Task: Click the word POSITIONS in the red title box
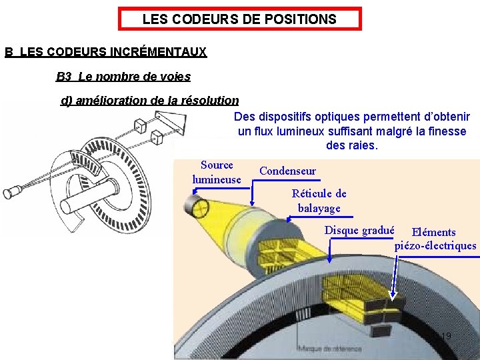click(x=301, y=19)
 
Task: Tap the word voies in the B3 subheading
click(x=175, y=77)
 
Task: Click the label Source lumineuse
click(x=217, y=172)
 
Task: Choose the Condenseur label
click(x=287, y=171)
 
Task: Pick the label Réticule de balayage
click(x=319, y=201)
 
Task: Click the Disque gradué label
click(x=359, y=231)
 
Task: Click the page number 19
click(x=446, y=335)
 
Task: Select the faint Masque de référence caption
click(x=330, y=349)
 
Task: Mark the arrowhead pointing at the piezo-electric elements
click(x=393, y=293)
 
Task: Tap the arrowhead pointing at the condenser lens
click(x=251, y=203)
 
